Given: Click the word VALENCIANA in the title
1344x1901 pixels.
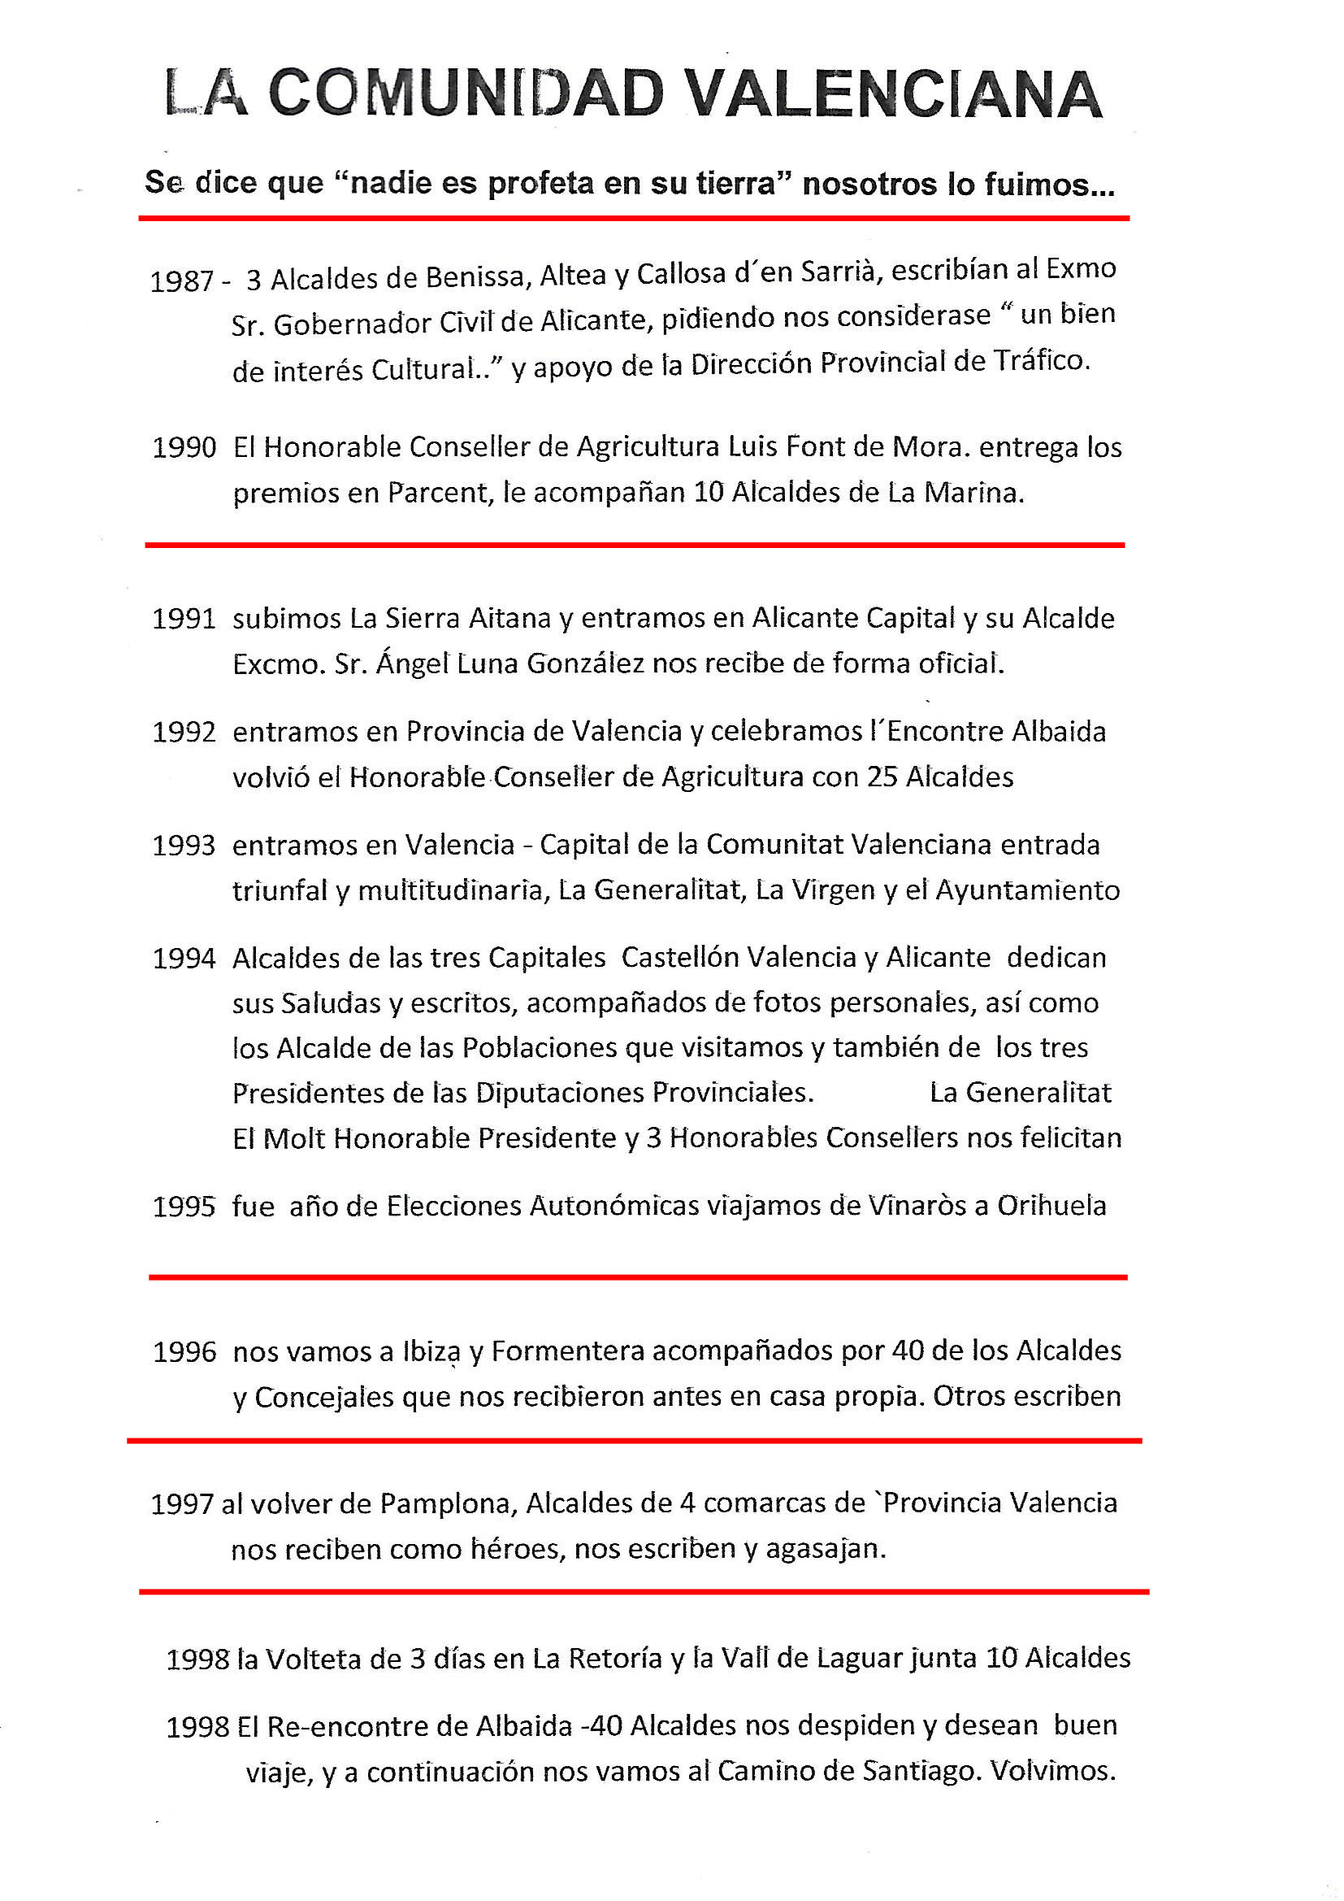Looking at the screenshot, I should click(x=895, y=94).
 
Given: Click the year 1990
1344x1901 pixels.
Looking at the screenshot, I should click(x=184, y=448).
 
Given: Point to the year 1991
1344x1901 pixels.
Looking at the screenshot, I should click(x=184, y=620).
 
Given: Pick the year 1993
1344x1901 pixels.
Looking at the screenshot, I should click(x=184, y=846).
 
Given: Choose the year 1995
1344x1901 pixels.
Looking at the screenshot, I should click(x=184, y=1207).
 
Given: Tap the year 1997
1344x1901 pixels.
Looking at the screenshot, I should click(x=182, y=1504).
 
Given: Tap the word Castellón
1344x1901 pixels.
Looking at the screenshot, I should click(x=680, y=958).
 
